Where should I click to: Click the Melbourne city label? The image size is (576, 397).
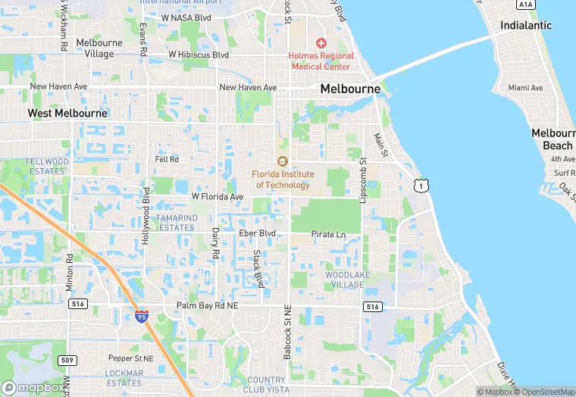[350, 89]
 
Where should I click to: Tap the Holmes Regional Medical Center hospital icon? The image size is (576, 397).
[321, 43]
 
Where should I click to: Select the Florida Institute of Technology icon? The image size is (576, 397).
[282, 161]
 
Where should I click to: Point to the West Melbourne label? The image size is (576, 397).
[67, 113]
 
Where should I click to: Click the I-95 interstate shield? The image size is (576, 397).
[142, 316]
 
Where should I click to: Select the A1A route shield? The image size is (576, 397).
[525, 5]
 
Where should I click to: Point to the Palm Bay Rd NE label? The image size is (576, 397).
[207, 305]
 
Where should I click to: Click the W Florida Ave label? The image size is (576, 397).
[218, 197]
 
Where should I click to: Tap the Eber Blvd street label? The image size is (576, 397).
[257, 233]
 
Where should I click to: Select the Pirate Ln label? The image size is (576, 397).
[328, 235]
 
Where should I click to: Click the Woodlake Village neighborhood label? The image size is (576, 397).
[344, 280]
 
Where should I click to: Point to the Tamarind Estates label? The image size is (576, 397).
[176, 223]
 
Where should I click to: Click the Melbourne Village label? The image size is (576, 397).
[95, 48]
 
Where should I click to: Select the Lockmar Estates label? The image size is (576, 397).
[125, 378]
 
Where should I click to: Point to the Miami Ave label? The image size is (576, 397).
[526, 88]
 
